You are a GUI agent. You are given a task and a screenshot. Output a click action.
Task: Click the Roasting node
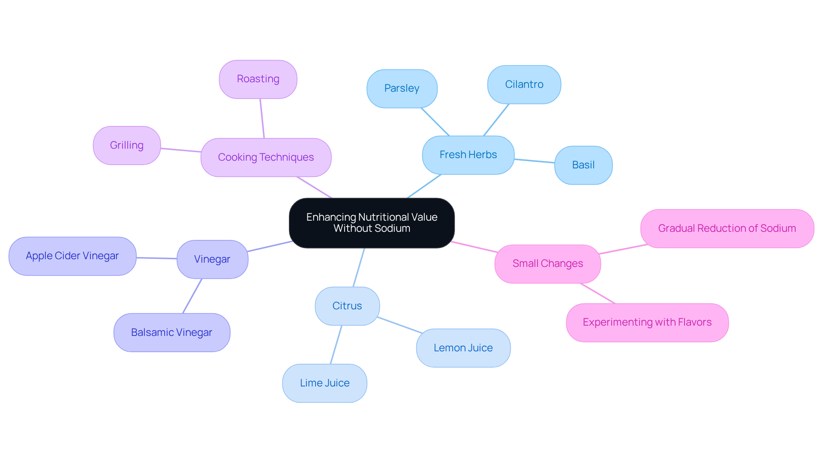pos(258,79)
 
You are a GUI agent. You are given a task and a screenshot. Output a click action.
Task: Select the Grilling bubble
pos(127,145)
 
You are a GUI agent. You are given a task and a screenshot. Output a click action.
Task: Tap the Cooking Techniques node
pos(266,157)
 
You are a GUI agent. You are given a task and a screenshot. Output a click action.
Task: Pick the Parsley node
pos(402,89)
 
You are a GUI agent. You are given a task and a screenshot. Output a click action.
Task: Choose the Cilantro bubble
pos(524,84)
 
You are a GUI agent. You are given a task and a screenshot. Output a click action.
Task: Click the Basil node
pos(583,165)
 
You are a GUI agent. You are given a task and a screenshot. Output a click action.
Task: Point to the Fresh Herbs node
pos(468,155)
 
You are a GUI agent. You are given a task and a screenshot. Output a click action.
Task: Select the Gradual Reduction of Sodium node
pos(727,228)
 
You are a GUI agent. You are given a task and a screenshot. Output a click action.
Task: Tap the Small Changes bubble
pos(547,263)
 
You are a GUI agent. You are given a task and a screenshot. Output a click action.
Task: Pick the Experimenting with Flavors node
pos(647,323)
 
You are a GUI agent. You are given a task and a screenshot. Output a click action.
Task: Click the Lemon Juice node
pos(463,348)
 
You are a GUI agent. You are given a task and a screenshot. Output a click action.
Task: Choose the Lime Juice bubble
pos(324,383)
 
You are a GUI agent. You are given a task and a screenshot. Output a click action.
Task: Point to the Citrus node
pos(347,306)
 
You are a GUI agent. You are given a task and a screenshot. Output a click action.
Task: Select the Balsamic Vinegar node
pos(171,332)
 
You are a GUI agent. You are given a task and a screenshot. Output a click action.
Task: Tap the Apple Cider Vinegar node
pos(72,256)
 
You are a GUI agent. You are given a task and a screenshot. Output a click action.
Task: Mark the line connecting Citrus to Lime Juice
pos(336,344)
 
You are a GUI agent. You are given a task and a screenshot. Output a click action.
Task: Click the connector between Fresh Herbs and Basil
pos(534,161)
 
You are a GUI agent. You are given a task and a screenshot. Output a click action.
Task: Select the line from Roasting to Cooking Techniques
pos(262,118)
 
